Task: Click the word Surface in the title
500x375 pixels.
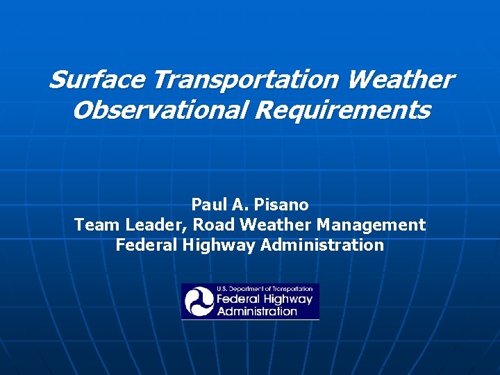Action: coord(97,80)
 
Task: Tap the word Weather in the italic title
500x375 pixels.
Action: coord(400,80)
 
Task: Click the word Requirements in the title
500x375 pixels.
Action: coord(342,110)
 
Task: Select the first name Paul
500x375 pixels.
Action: coord(207,205)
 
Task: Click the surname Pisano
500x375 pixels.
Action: coord(281,205)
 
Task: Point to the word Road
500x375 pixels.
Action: coord(213,225)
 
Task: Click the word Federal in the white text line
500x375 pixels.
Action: coord(142,245)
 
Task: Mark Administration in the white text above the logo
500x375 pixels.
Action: coord(322,245)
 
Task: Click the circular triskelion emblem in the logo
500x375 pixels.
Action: coord(199,302)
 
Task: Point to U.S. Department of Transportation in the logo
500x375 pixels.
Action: coord(265,289)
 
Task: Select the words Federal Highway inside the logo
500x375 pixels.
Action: coord(265,300)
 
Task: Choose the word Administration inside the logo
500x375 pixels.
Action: coord(257,312)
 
